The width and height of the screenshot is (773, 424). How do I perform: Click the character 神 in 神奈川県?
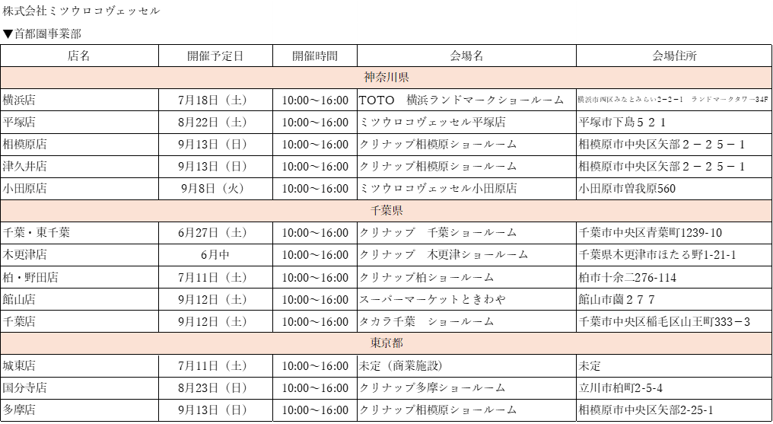coord(370,78)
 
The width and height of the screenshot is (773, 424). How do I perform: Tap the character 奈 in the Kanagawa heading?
coord(381,78)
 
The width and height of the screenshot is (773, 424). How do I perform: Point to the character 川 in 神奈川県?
coord(393,78)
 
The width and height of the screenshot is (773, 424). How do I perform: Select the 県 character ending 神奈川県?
coord(404,78)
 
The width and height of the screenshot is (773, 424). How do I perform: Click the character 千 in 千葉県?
coord(376,211)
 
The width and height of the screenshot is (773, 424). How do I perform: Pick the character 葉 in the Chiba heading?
coord(386,211)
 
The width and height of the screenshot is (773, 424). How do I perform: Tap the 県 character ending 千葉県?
coord(398,211)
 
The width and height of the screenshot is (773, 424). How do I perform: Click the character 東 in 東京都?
coord(376,343)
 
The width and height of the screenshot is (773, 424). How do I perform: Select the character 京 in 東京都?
coord(386,343)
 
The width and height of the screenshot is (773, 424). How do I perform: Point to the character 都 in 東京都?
coord(398,343)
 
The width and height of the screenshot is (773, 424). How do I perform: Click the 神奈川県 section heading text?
coord(386,78)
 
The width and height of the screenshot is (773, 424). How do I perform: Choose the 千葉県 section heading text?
coord(386,211)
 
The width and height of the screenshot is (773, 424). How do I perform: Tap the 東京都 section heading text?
coord(386,343)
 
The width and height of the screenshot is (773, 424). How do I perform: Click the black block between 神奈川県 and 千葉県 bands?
coord(386,144)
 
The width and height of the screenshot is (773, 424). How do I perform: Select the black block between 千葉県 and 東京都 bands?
coord(386,277)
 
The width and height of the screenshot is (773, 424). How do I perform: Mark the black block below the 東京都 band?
coord(386,388)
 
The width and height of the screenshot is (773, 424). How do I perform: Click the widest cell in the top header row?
coord(136,11)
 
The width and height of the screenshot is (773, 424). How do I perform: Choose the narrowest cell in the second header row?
coord(315,33)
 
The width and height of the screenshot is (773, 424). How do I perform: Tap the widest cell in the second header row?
coord(467,33)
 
